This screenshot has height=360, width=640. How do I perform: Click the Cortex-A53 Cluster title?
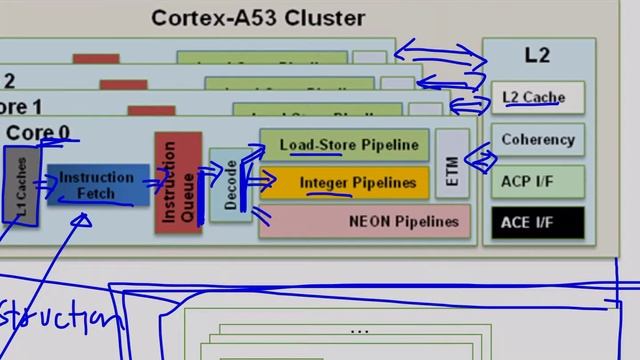[258, 18]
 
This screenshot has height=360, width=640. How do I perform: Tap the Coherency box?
[538, 140]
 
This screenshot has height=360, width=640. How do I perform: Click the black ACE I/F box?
[537, 222]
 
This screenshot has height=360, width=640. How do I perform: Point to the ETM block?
[452, 163]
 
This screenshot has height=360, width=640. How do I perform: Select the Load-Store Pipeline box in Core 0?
[344, 145]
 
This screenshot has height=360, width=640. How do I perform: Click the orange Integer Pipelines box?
[344, 183]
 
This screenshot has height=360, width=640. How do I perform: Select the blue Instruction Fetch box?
[97, 185]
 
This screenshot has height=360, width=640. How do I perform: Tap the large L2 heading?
[537, 55]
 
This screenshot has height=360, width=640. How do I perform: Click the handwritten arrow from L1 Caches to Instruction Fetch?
[45, 183]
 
